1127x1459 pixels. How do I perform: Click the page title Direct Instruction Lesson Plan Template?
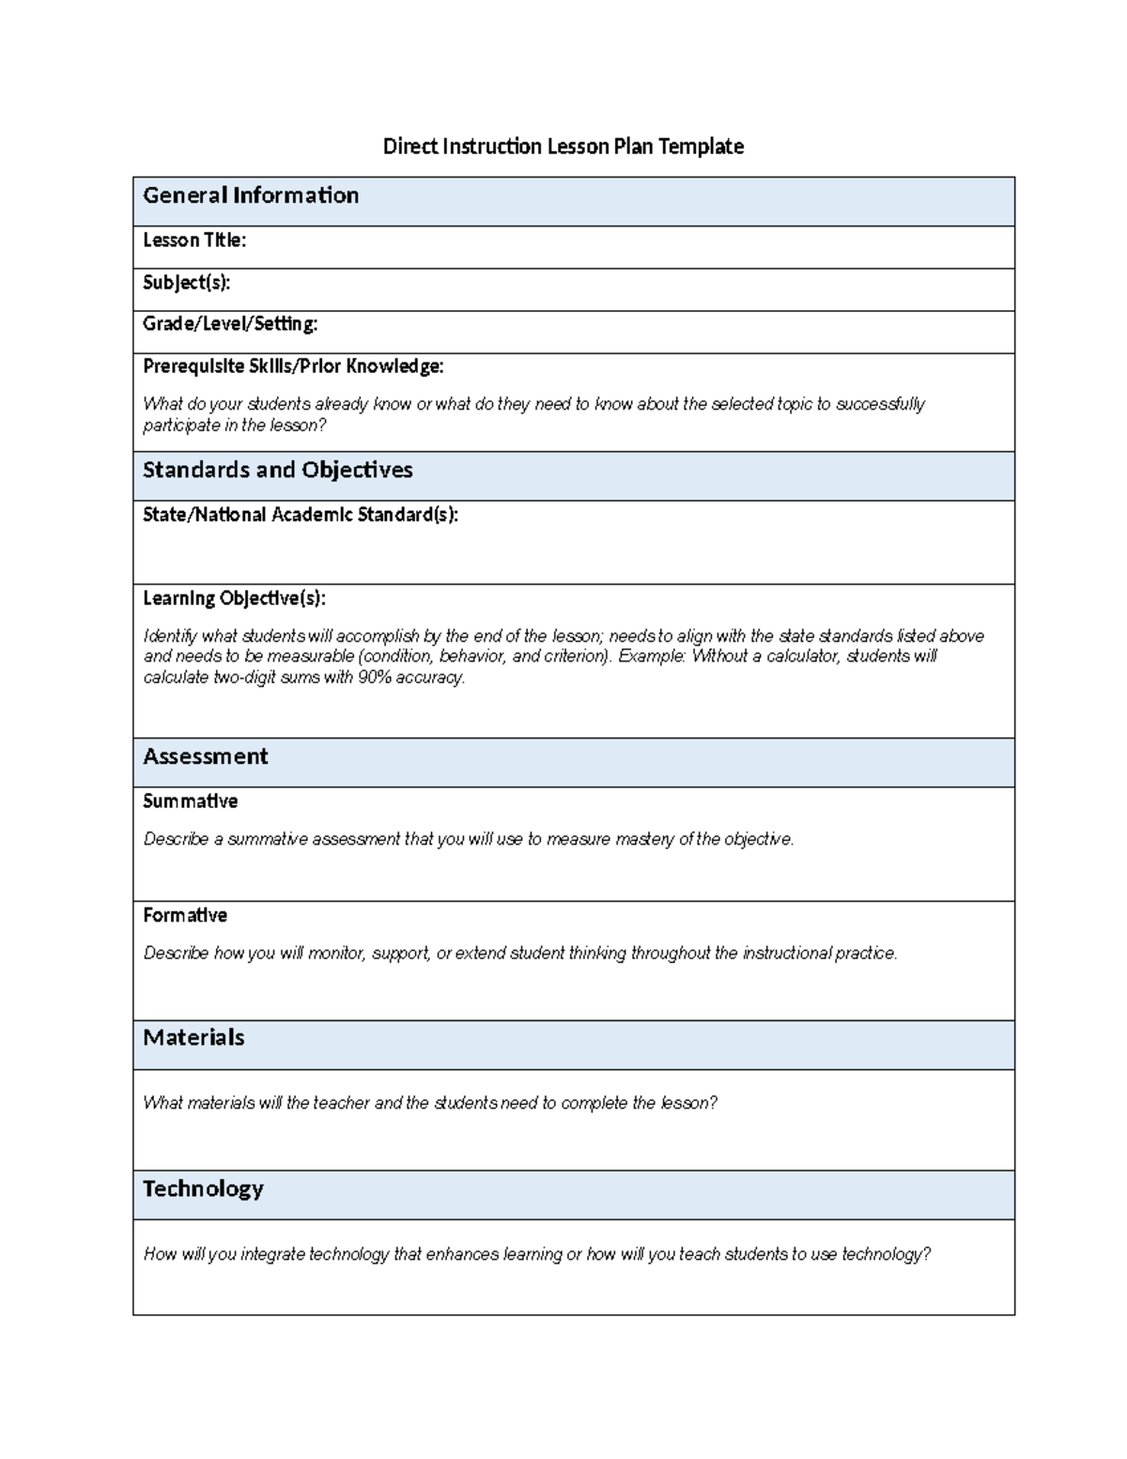coord(563,147)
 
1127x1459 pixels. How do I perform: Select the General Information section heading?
coord(251,195)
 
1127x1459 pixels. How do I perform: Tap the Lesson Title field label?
coord(194,241)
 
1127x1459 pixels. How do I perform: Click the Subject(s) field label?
coord(186,283)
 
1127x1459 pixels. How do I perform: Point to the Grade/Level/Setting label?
coord(230,324)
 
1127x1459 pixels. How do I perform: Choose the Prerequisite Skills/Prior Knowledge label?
coord(293,366)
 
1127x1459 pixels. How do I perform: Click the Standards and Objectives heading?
coord(277,470)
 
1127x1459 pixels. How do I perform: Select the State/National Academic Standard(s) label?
coord(301,515)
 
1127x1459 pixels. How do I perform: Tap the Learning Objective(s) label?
coord(234,598)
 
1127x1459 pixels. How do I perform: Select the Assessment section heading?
coord(205,757)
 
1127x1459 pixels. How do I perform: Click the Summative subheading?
coord(190,801)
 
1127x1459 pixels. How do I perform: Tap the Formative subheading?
coord(185,915)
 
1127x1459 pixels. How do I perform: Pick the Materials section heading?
coord(193,1037)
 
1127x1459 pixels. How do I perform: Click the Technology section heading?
coord(203,1188)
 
